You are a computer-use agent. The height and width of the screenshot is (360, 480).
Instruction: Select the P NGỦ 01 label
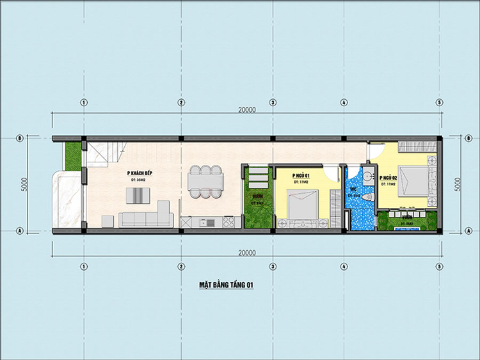[301, 175]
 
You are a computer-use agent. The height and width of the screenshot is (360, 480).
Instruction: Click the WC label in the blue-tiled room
[353, 189]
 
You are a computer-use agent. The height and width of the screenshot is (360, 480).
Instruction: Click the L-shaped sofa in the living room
[145, 216]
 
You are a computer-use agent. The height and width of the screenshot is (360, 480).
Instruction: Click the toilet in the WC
[367, 198]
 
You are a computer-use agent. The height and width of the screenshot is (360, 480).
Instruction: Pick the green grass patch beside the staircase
[74, 155]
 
